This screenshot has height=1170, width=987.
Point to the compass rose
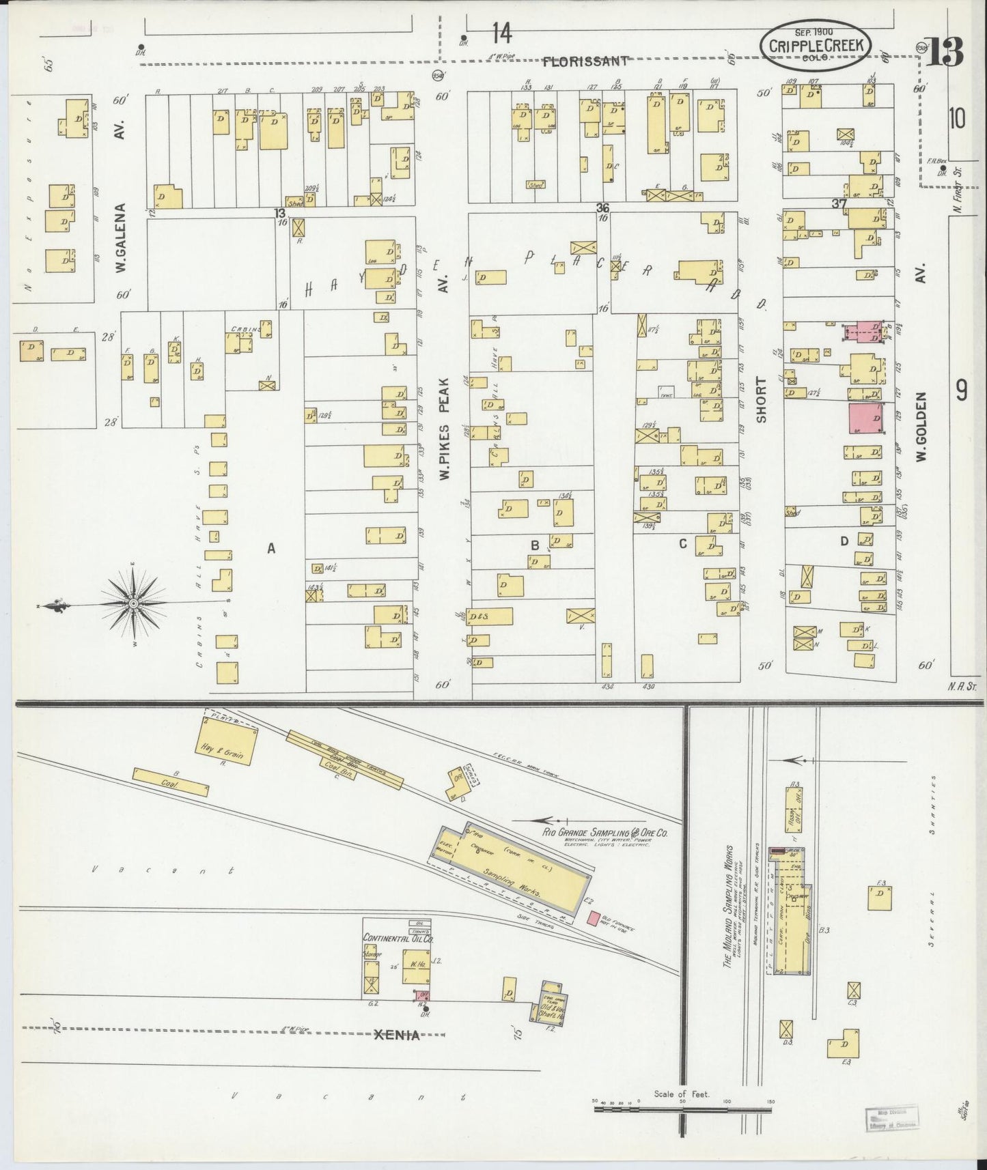click(x=134, y=603)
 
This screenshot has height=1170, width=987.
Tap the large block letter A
click(x=271, y=547)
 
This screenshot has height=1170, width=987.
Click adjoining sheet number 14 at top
click(x=502, y=33)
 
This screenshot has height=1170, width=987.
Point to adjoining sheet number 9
click(x=961, y=390)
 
